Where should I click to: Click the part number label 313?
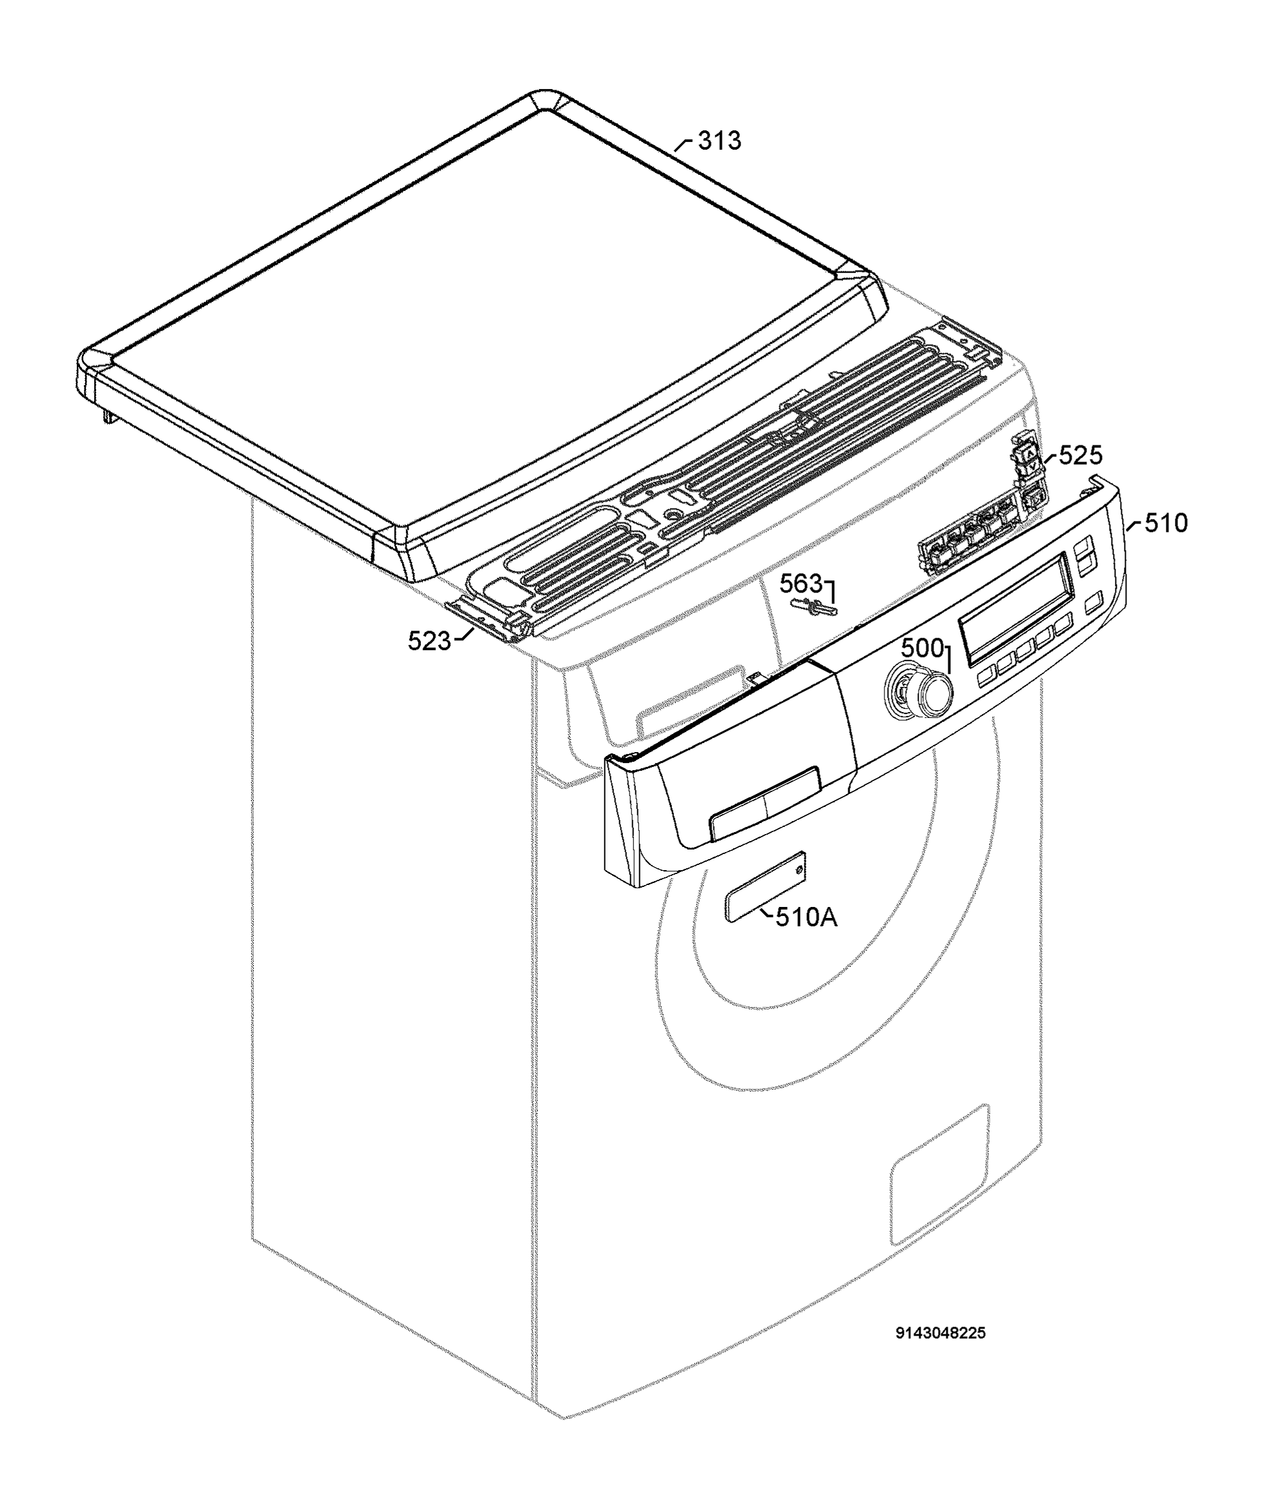click(720, 141)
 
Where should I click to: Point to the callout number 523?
click(429, 640)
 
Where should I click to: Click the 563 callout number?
click(801, 583)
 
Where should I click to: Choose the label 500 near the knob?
click(922, 648)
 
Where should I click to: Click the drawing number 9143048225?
click(941, 1333)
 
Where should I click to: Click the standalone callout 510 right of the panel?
click(1166, 524)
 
